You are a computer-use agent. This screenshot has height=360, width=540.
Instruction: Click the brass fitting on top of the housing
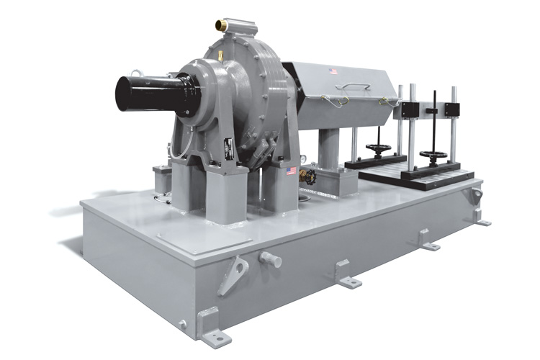(x=222, y=25)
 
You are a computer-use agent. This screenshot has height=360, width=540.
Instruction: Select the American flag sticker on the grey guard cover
(x=333, y=71)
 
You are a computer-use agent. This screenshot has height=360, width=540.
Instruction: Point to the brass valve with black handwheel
(x=307, y=176)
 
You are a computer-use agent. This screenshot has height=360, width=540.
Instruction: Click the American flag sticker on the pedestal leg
(x=291, y=171)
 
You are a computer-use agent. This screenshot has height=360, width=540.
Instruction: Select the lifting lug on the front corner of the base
(x=233, y=274)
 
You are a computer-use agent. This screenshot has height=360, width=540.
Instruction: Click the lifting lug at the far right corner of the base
(x=475, y=196)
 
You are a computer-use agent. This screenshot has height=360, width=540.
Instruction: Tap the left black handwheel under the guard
(x=378, y=149)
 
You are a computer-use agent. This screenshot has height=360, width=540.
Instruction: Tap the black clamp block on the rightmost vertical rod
(x=452, y=109)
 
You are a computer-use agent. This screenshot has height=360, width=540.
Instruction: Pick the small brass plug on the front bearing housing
(x=220, y=55)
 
